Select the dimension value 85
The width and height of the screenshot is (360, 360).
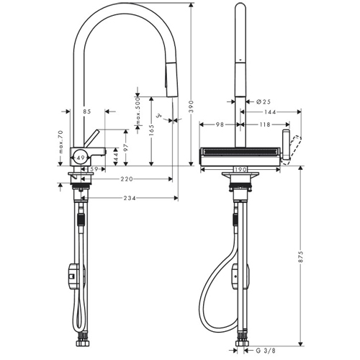pyautogui.click(x=87, y=112)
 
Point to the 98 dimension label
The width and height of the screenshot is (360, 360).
pyautogui.click(x=219, y=125)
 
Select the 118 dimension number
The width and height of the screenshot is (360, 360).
pyautogui.click(x=264, y=125)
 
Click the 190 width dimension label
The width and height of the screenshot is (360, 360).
pyautogui.click(x=241, y=171)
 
